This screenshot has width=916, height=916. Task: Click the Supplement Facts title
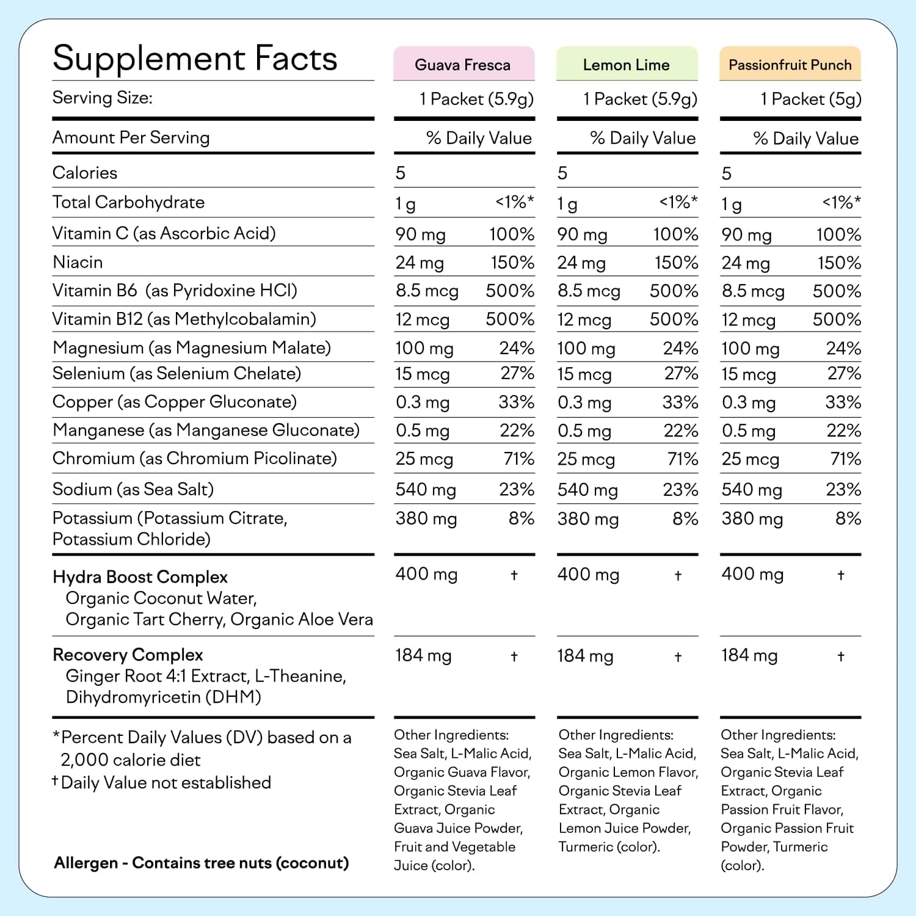[195, 59]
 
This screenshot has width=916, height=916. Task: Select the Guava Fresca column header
[463, 65]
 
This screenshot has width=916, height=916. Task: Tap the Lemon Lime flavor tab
[627, 65]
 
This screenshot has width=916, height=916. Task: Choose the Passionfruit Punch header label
[790, 65]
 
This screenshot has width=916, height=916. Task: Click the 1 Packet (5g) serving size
[810, 99]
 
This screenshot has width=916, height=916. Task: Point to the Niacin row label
[78, 263]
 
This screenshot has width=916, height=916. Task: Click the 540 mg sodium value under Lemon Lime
[587, 490]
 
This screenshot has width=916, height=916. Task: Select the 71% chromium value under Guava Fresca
[519, 459]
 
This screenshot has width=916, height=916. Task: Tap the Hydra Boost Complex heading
[140, 577]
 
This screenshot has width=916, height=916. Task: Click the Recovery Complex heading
[128, 655]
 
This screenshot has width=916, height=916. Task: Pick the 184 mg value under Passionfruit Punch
[749, 656]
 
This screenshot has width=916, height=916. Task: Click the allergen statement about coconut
[202, 863]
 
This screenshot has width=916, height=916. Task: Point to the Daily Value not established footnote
[165, 783]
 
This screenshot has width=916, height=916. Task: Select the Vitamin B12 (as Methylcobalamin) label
[184, 319]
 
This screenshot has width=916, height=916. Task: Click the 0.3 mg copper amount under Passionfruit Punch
[749, 403]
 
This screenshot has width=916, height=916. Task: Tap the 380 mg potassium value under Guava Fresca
[426, 519]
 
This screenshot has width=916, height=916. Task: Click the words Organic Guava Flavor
[462, 772]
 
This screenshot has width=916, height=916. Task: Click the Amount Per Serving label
[131, 138]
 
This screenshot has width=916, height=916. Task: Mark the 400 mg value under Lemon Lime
[588, 575]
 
